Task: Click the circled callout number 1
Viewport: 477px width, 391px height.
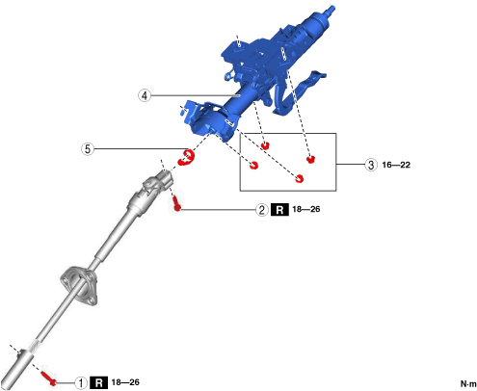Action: (81, 382)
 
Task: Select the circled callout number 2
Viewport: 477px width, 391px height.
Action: (262, 210)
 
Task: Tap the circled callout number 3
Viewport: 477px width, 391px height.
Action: (371, 165)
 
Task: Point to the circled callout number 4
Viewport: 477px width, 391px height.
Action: (145, 95)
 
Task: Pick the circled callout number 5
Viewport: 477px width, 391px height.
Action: (88, 149)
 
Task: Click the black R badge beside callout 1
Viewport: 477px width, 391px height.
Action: (98, 382)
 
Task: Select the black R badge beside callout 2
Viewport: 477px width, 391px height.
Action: (279, 210)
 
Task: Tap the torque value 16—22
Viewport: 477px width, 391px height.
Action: (396, 165)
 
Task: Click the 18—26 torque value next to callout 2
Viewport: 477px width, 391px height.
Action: (306, 209)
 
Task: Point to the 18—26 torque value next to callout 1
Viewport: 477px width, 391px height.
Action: (125, 382)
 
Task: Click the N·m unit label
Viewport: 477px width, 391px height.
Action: (468, 383)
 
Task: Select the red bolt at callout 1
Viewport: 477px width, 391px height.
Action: (49, 378)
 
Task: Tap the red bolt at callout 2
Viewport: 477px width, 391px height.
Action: (176, 204)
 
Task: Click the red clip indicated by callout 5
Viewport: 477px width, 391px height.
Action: (187, 157)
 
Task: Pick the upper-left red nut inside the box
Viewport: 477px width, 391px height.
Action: (265, 145)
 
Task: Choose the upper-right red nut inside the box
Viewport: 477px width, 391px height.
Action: (310, 159)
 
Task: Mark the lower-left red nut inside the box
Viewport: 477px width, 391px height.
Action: (253, 166)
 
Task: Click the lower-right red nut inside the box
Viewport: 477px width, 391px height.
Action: (299, 178)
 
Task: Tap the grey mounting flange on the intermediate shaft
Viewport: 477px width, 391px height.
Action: (79, 285)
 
